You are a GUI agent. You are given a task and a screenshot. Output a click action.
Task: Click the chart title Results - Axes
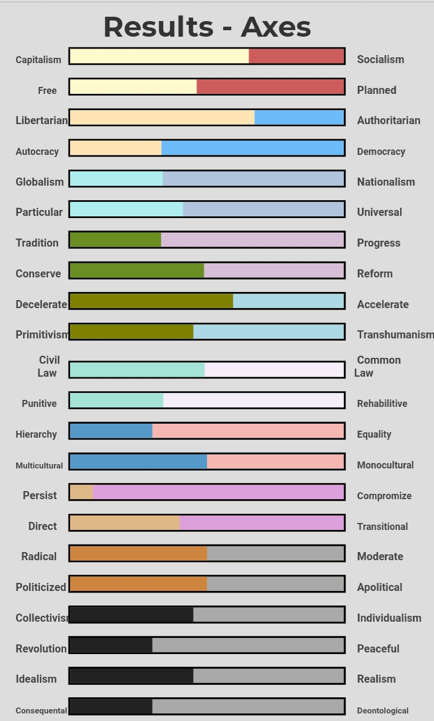(207, 27)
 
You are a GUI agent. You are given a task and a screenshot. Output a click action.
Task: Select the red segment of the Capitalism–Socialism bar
(296, 56)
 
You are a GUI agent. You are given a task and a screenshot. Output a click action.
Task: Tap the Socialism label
(380, 59)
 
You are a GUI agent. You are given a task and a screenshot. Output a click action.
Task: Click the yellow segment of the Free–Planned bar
(133, 87)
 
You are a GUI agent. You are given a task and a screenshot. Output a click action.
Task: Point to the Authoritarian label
(388, 120)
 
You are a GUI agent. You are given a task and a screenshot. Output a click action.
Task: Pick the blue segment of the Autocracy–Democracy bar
(252, 148)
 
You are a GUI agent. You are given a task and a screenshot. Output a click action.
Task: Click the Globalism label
(39, 182)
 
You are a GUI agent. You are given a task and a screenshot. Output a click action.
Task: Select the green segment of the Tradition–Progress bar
(115, 240)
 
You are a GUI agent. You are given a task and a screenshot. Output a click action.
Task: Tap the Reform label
(375, 274)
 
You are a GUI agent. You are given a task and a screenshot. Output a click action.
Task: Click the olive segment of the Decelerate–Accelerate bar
(151, 301)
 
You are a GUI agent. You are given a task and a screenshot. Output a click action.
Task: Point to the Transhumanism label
(395, 335)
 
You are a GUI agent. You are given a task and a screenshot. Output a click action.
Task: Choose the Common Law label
(377, 366)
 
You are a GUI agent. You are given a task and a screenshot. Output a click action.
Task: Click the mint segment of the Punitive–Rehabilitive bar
(116, 400)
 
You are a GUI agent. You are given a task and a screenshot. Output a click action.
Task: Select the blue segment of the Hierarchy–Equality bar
(111, 431)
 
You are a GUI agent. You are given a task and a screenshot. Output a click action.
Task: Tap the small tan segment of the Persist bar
(81, 492)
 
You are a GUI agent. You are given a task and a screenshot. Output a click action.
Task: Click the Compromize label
(384, 496)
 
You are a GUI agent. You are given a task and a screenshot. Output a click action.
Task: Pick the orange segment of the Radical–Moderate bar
(139, 553)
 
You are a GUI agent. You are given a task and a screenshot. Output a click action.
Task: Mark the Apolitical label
(379, 587)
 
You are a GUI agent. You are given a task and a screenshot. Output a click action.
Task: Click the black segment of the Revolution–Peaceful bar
(111, 645)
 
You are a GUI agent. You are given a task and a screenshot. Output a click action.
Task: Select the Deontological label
(382, 711)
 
